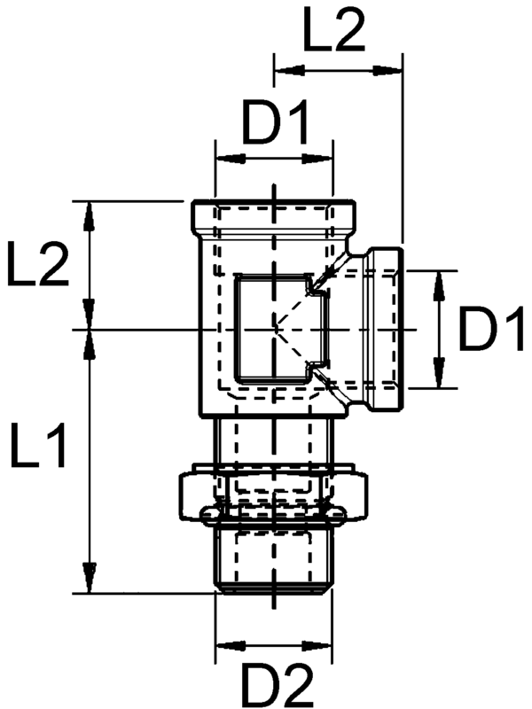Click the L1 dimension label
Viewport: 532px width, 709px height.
click(x=38, y=446)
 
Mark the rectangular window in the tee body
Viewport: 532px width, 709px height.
click(x=271, y=328)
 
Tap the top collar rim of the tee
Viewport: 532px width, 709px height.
click(x=275, y=214)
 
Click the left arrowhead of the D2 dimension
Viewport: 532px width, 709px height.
click(x=227, y=645)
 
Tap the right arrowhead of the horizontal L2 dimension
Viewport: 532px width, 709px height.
click(x=392, y=66)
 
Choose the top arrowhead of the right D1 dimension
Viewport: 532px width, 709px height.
click(x=438, y=283)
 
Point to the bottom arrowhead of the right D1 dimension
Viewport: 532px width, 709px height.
click(x=438, y=376)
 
